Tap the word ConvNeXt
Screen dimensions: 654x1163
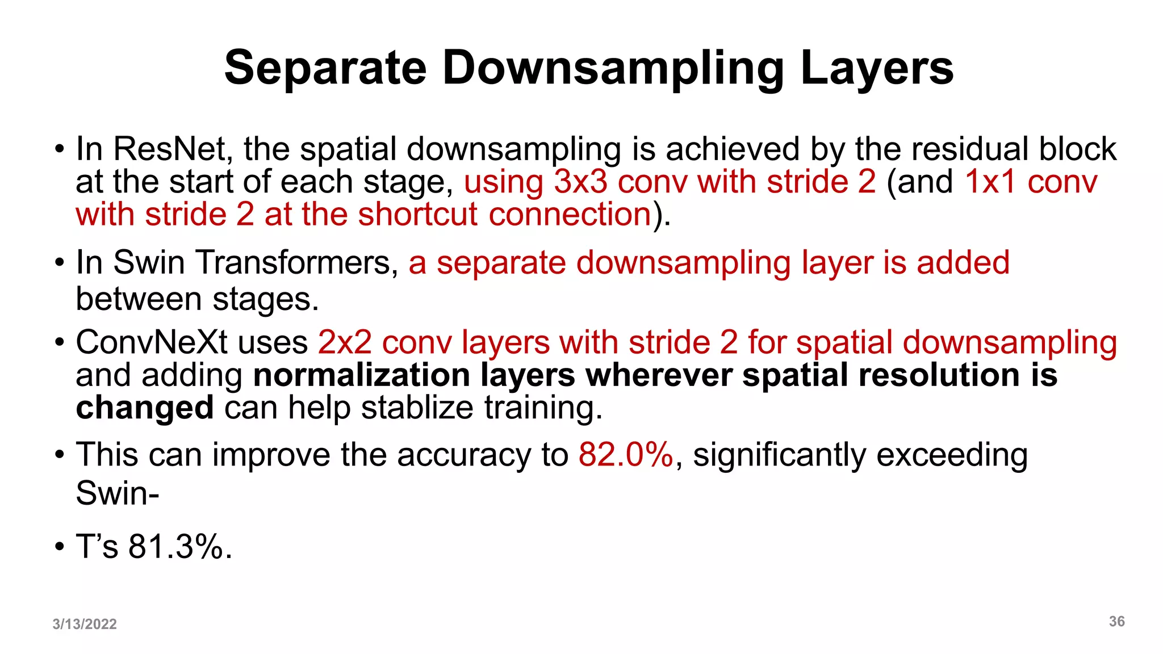(x=152, y=343)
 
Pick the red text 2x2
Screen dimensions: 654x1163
(x=345, y=343)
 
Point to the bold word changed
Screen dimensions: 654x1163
(x=145, y=408)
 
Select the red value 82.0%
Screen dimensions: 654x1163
(x=626, y=455)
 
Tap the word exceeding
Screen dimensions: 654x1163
(x=952, y=455)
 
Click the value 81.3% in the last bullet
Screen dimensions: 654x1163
(x=180, y=547)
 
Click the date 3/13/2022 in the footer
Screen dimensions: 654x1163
(x=85, y=624)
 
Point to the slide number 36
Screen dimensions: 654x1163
(x=1116, y=621)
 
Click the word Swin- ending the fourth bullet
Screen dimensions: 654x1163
(x=118, y=493)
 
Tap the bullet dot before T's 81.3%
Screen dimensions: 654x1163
(x=60, y=548)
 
